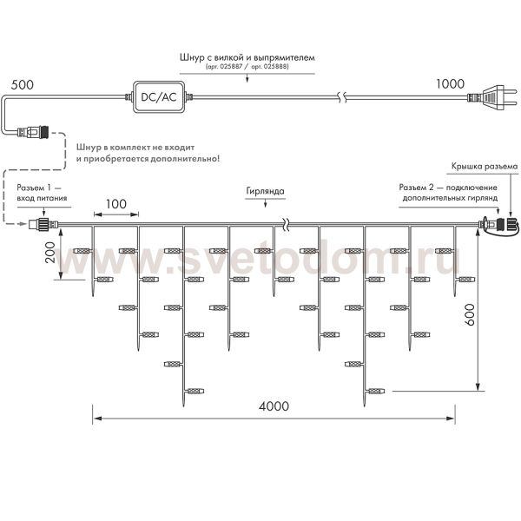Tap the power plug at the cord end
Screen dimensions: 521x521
pyautogui.click(x=486, y=100)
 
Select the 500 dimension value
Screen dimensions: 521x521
pyautogui.click(x=23, y=86)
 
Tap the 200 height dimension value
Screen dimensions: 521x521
pyautogui.click(x=49, y=253)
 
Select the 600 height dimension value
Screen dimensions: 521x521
pyautogui.click(x=469, y=318)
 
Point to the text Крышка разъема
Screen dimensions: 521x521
pyautogui.click(x=484, y=165)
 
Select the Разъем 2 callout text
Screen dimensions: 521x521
pyautogui.click(x=447, y=193)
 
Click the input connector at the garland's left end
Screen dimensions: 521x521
pyautogui.click(x=39, y=226)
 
